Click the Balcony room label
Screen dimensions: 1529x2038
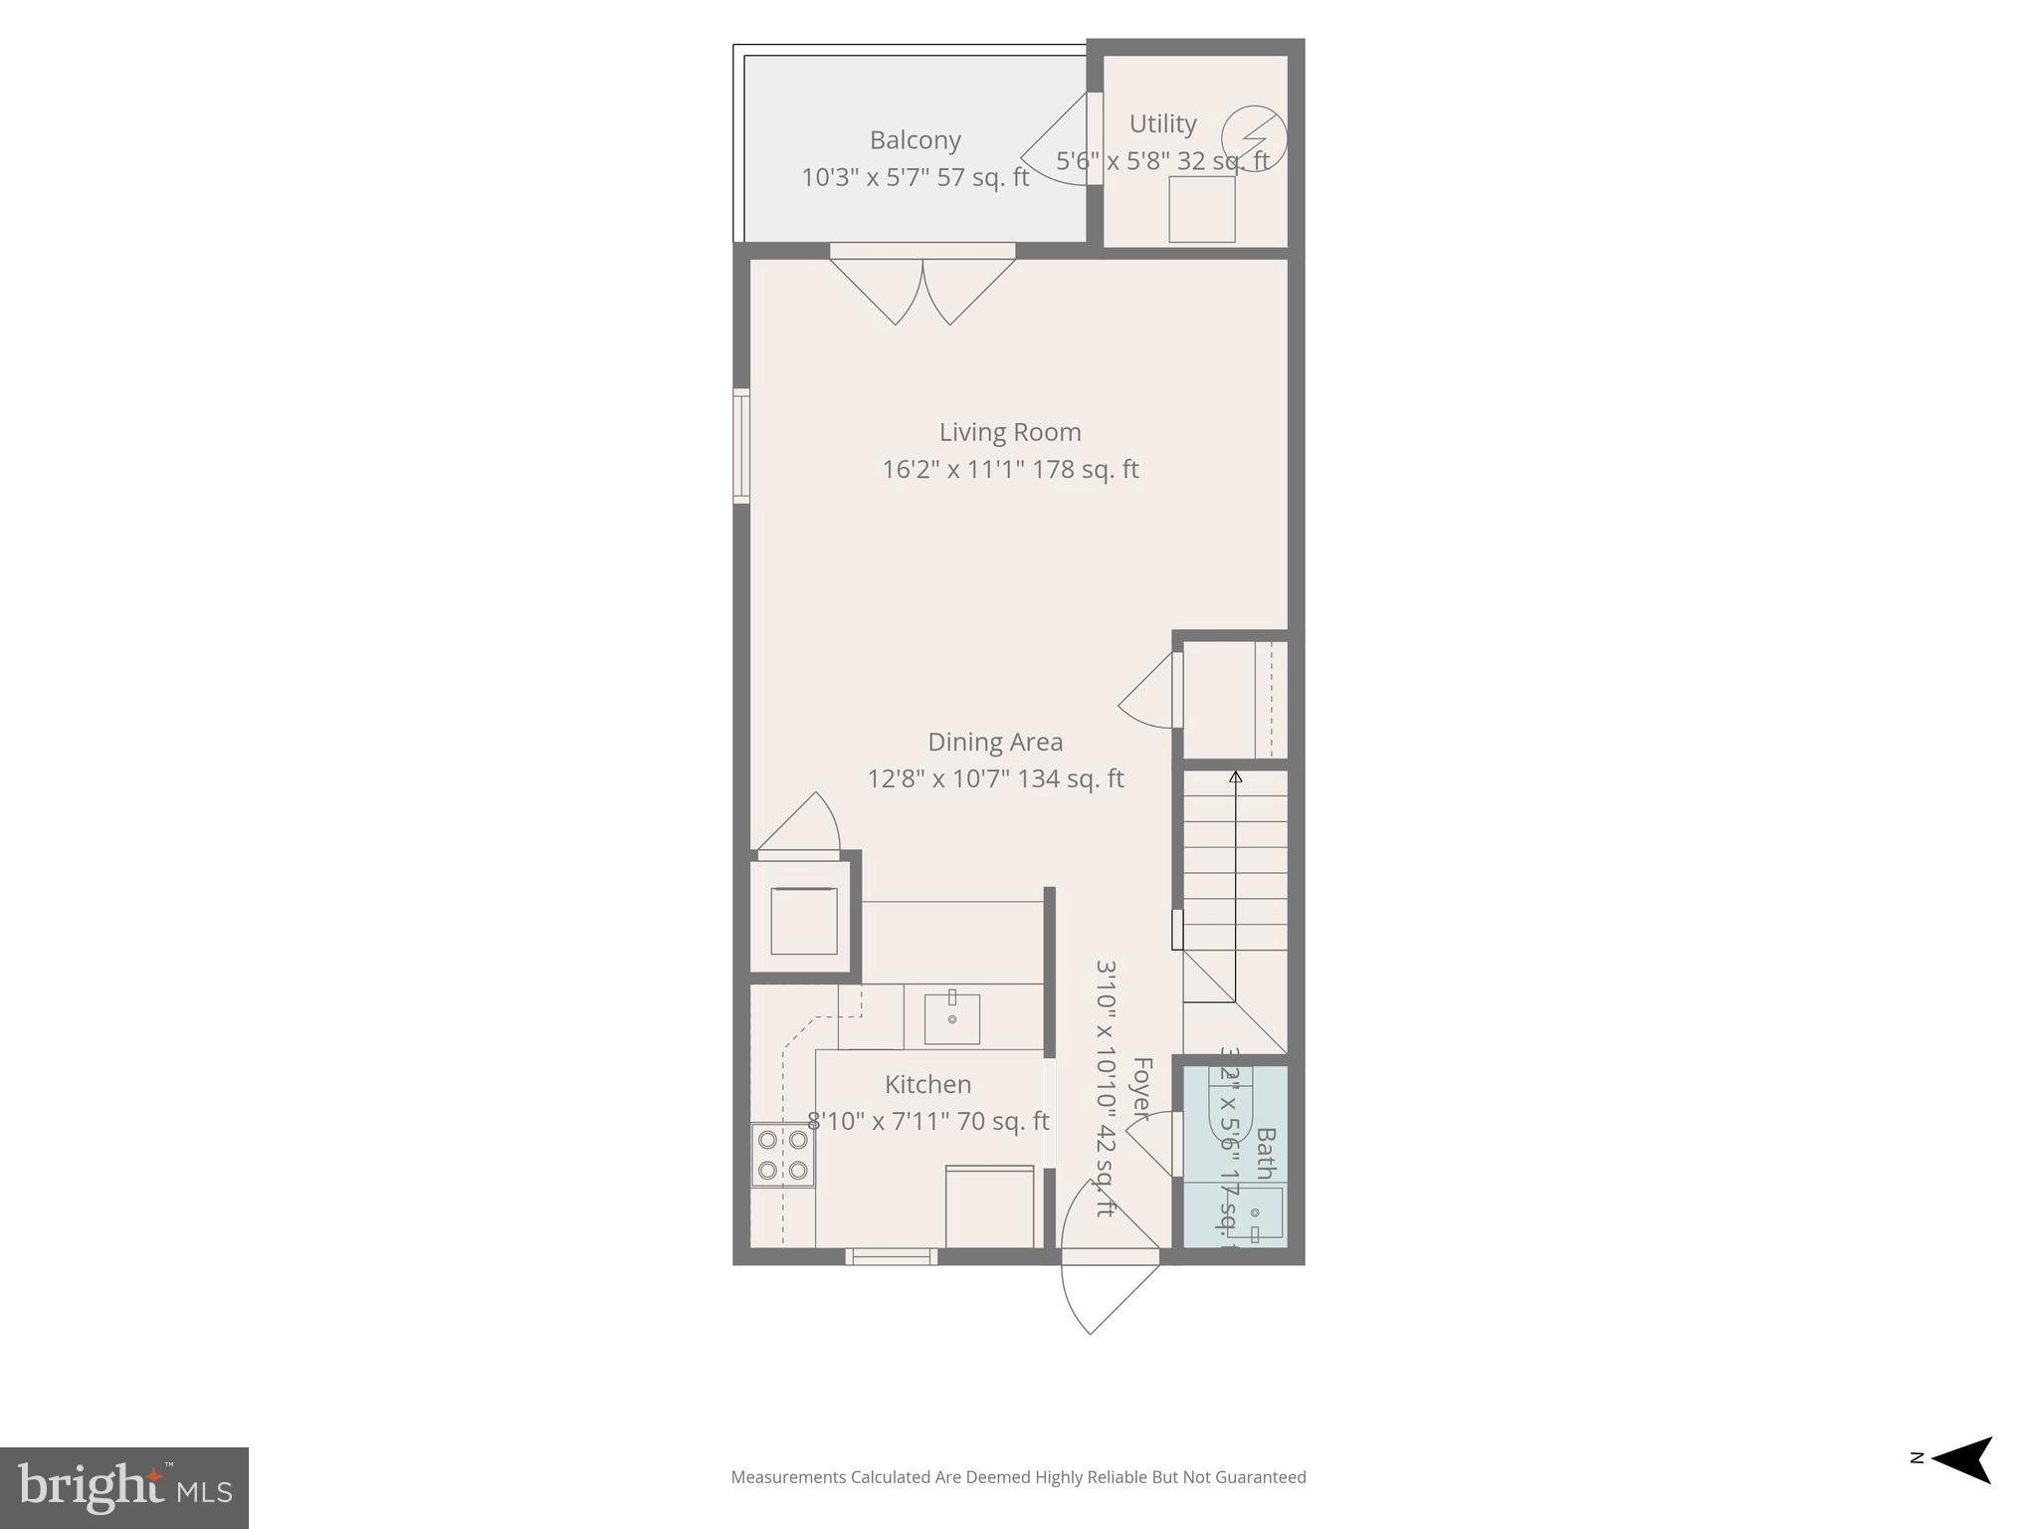(x=915, y=140)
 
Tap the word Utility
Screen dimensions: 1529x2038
(x=1162, y=124)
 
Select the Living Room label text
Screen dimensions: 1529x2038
(x=1010, y=432)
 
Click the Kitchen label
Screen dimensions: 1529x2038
(x=927, y=1084)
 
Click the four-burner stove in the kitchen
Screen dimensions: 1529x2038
(x=782, y=1155)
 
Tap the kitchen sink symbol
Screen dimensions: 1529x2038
(x=951, y=1018)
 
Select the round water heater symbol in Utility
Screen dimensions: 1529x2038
(x=1254, y=138)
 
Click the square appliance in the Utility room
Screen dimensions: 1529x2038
(x=1201, y=209)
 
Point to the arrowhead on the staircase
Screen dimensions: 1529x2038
(x=1235, y=776)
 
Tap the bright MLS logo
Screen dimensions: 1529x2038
(x=124, y=1487)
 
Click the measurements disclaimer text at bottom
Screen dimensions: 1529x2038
(x=1018, y=1477)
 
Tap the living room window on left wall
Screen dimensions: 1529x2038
(x=740, y=445)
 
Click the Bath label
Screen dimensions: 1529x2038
(x=1265, y=1153)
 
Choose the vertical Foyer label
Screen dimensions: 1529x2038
(x=1141, y=1088)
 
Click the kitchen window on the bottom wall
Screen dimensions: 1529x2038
(x=891, y=1257)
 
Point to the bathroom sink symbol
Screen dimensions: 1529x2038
(x=1256, y=1213)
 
